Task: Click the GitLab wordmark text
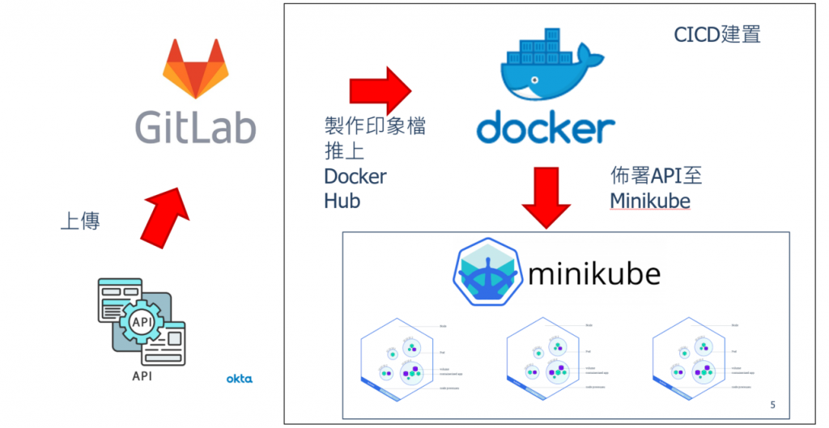coord(195,127)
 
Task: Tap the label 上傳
coord(80,222)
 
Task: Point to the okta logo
coord(239,378)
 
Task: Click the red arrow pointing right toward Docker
coord(380,91)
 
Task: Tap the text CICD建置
coord(717,35)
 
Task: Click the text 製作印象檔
coord(374,127)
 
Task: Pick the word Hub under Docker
coord(342,200)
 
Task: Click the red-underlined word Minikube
coord(650,200)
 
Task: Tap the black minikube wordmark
coord(593,274)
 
